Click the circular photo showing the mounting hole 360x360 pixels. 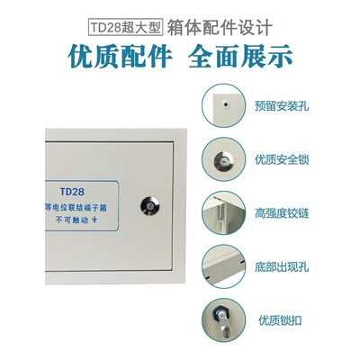coord(224,106)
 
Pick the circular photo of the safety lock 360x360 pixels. coord(224,160)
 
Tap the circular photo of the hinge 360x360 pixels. coord(224,214)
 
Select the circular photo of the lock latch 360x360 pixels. coord(224,321)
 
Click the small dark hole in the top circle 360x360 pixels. coord(226,103)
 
